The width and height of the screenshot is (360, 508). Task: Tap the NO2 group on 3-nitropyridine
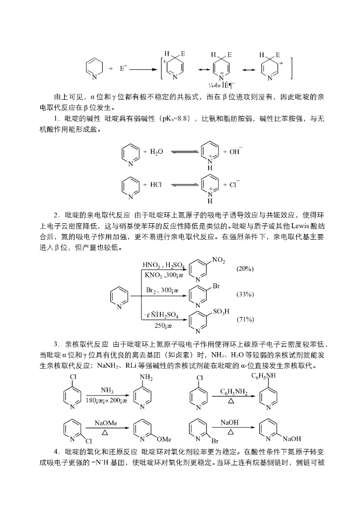coord(218,259)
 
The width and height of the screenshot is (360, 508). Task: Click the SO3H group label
coord(221,311)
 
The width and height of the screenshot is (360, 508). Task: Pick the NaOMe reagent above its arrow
coord(106,423)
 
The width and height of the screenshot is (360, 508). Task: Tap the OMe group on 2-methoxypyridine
coord(164,439)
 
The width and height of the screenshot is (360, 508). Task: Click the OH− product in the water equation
coord(235,151)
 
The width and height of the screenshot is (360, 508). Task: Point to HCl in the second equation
coord(155,185)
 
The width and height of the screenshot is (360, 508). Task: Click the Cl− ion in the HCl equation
coord(233,185)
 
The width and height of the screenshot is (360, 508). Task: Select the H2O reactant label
coord(156,151)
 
